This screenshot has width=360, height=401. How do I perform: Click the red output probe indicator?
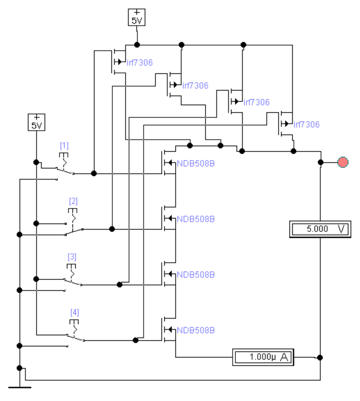pyautogui.click(x=343, y=162)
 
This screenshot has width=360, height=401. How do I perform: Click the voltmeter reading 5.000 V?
pyautogui.click(x=320, y=229)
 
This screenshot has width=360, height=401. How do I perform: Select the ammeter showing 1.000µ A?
pyautogui.click(x=263, y=357)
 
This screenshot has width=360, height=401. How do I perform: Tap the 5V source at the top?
pyautogui.click(x=137, y=17)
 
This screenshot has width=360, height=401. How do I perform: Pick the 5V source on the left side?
pyautogui.click(x=36, y=122)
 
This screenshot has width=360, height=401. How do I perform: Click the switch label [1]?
pyautogui.click(x=64, y=146)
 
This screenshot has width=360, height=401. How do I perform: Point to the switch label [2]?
pyautogui.click(x=73, y=201)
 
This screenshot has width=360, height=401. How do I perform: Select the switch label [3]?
pyautogui.click(x=72, y=257)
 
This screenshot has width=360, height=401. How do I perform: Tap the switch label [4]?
pyautogui.click(x=75, y=313)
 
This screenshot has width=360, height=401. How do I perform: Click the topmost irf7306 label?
pyautogui.click(x=140, y=62)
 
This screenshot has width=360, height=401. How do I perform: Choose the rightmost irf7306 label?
pyautogui.click(x=307, y=124)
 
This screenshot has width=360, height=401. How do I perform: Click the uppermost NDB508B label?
pyautogui.click(x=196, y=164)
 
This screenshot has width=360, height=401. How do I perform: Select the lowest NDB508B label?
pyautogui.click(x=196, y=330)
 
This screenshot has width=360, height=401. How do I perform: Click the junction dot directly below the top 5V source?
pyautogui.click(x=137, y=44)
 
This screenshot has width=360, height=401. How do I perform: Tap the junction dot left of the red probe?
pyautogui.click(x=320, y=162)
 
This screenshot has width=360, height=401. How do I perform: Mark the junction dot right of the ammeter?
pyautogui.click(x=320, y=358)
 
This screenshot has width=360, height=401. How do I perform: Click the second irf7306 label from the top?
pyautogui.click(x=195, y=86)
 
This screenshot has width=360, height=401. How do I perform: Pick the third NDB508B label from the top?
pyautogui.click(x=196, y=275)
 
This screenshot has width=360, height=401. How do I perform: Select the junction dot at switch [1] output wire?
pyautogui.click(x=94, y=174)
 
